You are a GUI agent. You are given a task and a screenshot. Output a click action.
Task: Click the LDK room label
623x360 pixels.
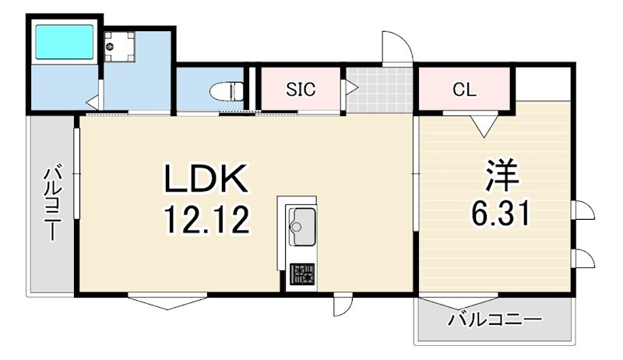coord(206,178)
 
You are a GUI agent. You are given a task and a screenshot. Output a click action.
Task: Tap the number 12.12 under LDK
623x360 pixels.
coord(207,219)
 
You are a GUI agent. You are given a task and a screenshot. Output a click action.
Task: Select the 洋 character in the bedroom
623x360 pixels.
coord(502,175)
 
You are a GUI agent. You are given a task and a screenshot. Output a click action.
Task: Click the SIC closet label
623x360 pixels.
coord(301,90)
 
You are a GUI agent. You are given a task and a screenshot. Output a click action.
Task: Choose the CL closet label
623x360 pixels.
coord(464,90)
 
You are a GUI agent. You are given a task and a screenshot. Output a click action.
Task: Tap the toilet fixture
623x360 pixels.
coord(227,91)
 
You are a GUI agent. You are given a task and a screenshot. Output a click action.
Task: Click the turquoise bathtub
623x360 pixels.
coord(65,42)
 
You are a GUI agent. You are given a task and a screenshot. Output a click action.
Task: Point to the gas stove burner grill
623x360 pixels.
coord(302,274)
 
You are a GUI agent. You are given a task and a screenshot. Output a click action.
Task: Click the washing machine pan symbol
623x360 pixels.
coord(120,47)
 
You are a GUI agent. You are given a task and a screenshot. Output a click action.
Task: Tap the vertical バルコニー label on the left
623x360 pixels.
coord(52,204)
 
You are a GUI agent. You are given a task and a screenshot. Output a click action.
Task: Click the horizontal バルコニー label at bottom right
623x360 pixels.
coord(495,319)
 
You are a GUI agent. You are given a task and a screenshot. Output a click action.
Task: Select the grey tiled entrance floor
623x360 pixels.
coord(379,90)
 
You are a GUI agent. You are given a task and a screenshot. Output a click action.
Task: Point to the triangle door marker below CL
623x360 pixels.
coord(484,125)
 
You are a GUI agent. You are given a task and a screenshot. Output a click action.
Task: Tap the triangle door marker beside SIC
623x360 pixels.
coord(351,87)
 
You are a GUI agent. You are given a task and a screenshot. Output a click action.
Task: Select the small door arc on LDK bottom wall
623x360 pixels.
coord(344,306)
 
